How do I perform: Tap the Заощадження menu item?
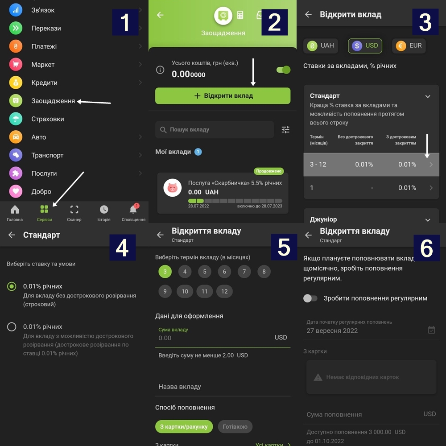[53, 101]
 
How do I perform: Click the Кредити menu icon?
[16, 83]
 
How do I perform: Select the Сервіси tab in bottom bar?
[44, 213]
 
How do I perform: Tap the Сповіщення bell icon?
[133, 209]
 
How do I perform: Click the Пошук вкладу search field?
[215, 130]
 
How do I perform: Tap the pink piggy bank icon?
[172, 188]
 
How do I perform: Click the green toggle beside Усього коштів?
[283, 70]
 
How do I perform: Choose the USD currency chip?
[365, 46]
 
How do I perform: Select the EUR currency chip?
[409, 46]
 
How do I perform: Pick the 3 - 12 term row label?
[318, 165]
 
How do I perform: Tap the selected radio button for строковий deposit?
[12, 286]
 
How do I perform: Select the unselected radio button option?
[12, 327]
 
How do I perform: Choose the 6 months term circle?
[224, 272]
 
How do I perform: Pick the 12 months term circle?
[224, 291]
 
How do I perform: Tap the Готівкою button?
[235, 427]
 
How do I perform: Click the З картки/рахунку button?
[184, 427]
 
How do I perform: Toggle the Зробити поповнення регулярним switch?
[310, 298]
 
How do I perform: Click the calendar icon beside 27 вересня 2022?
[431, 330]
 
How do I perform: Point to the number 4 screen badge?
[122, 248]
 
